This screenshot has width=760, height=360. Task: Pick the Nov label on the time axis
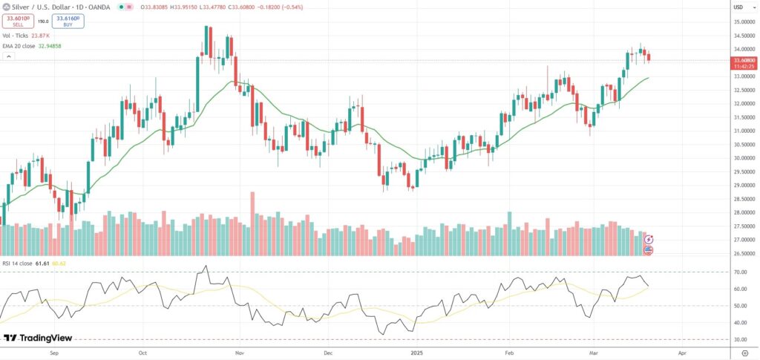click(x=239, y=353)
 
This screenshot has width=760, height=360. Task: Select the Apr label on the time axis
click(x=682, y=353)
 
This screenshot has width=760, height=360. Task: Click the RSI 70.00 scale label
click(x=740, y=272)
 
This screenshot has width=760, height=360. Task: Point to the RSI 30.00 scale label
click(x=740, y=340)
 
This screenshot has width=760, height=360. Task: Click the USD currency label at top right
click(x=738, y=7)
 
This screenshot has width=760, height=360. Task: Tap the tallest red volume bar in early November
click(x=252, y=223)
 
